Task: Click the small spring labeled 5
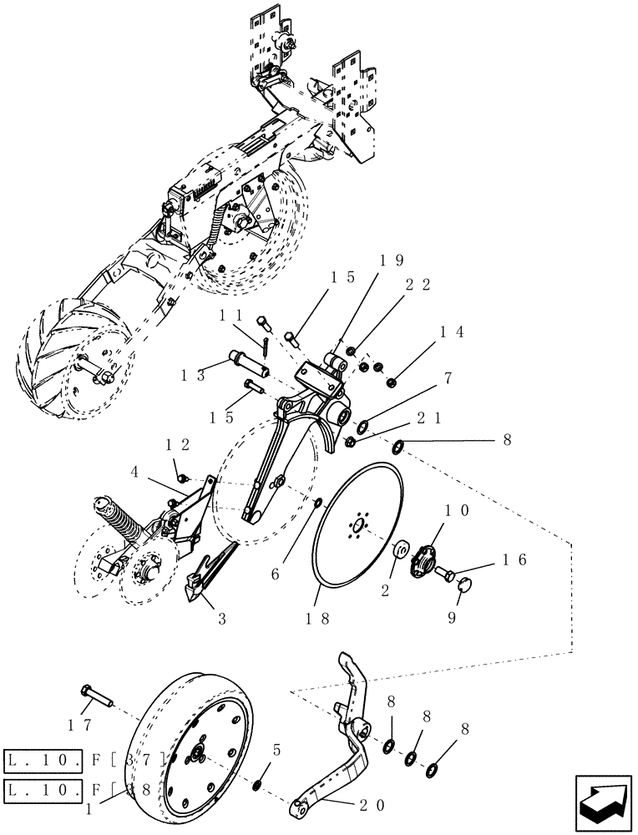[x=258, y=786]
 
